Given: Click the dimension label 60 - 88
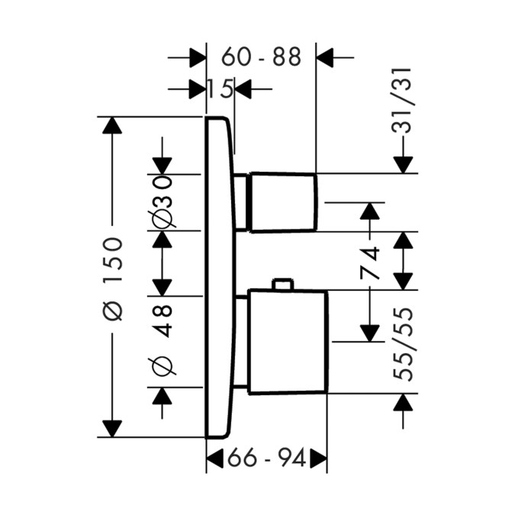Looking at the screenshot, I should point(261,57).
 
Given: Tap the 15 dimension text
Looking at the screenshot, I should point(220,90).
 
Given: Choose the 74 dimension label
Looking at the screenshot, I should point(370,263).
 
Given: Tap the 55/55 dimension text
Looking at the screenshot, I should point(402,345).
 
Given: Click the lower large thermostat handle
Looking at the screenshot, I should point(286,342).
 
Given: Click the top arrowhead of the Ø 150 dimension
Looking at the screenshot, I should point(112,125).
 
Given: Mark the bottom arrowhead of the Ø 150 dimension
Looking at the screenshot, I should point(112,428).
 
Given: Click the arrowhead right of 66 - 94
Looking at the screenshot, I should point(317,459).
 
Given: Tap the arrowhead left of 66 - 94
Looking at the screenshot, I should point(216,459).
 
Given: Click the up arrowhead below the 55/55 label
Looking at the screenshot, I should point(402,402).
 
